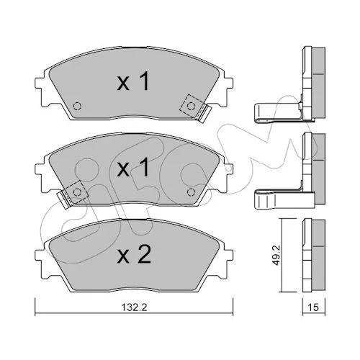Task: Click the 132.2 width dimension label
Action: coord(134,307)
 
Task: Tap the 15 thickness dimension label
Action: coord(313,307)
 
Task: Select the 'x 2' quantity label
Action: coord(134,255)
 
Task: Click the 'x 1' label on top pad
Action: coord(133,81)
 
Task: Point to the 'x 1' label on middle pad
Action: coord(133,168)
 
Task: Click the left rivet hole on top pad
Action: coord(77,106)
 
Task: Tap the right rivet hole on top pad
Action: coord(191,106)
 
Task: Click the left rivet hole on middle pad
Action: coord(77,192)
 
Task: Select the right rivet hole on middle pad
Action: coord(191,192)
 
